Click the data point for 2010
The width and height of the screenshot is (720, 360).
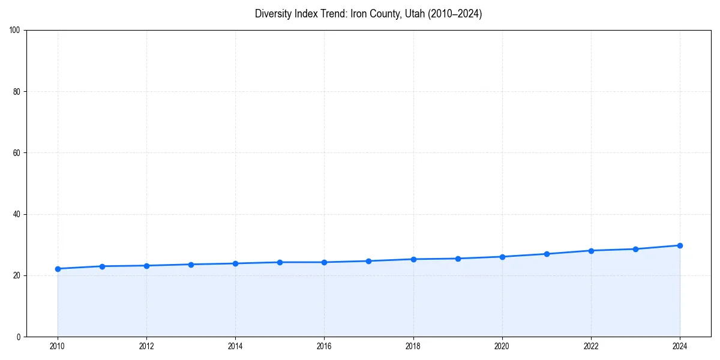[x=58, y=269]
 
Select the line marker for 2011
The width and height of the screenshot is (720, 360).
[x=102, y=266]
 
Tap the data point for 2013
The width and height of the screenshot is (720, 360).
[x=191, y=265]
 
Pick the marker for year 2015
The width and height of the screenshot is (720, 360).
[x=280, y=262]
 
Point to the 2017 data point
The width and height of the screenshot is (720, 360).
[x=368, y=261]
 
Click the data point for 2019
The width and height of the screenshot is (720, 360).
[x=458, y=259]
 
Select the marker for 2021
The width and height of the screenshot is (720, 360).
[x=547, y=254]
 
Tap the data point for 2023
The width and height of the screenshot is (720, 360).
[x=635, y=249]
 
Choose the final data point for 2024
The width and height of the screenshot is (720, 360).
[x=680, y=245]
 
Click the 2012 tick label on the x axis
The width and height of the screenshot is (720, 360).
[x=146, y=346]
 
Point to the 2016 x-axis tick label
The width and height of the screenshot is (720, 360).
[x=324, y=346]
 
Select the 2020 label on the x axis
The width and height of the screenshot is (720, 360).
[x=502, y=346]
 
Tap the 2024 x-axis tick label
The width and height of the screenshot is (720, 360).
[x=680, y=346]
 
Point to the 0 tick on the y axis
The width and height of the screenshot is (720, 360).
[x=19, y=337]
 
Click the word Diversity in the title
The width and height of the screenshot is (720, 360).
[x=272, y=14]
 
